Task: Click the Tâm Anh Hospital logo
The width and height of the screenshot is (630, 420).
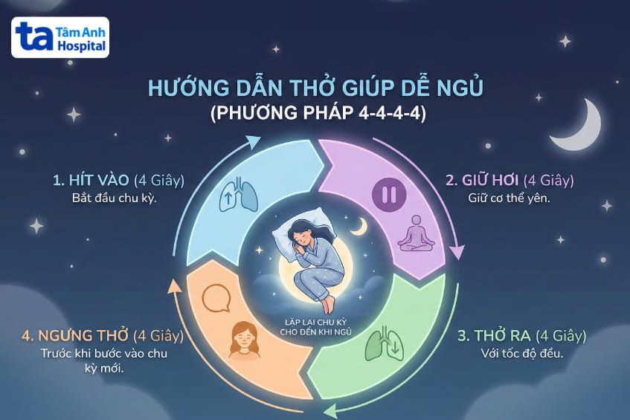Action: (x=60, y=37)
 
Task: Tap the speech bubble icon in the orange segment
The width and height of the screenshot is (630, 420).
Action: (x=214, y=298)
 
